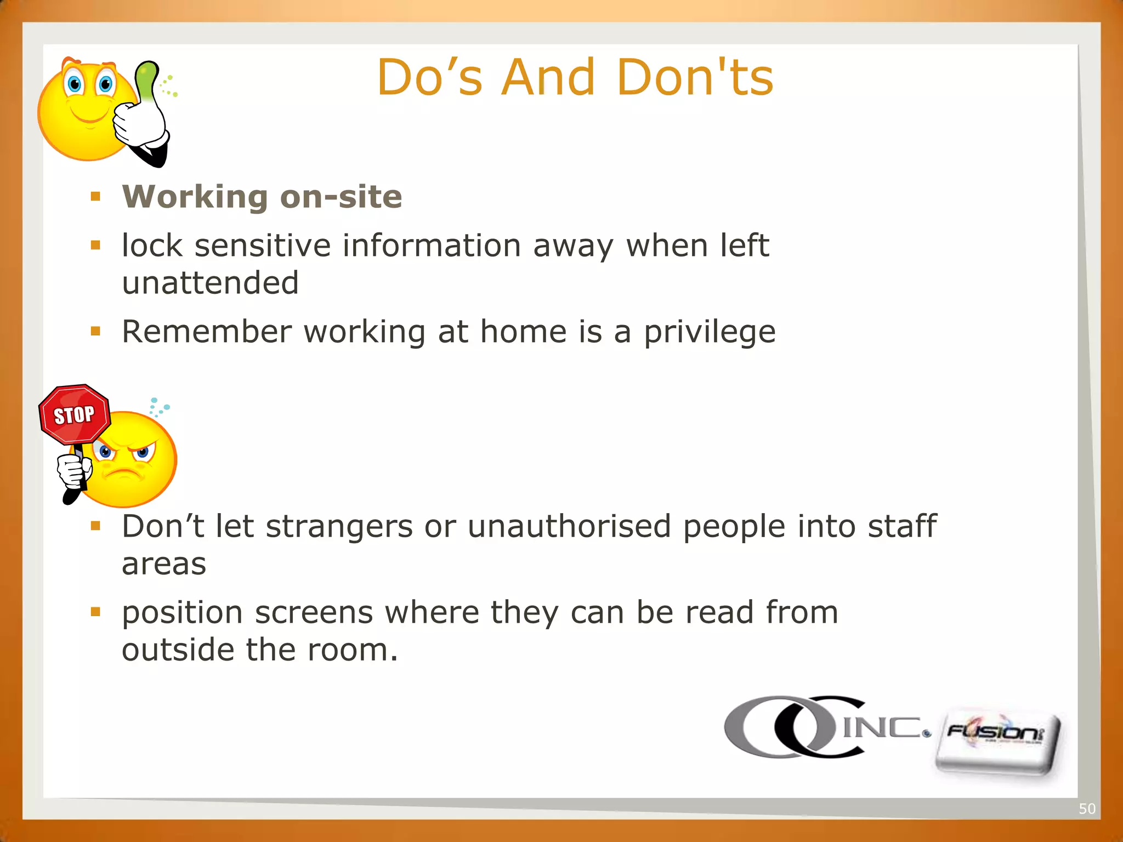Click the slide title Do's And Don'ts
575,77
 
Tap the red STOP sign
75,414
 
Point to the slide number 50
1087,809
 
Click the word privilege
710,332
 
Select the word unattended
210,283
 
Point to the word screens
314,612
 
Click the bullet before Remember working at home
96,331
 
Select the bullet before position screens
96,612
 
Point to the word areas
164,564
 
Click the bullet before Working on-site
96,196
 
